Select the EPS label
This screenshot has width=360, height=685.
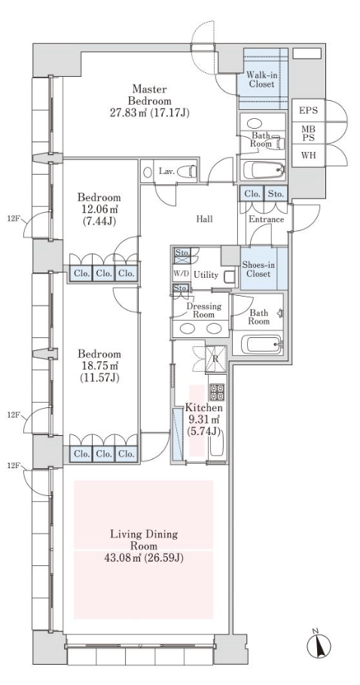click(x=309, y=110)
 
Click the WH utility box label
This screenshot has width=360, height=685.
click(x=309, y=156)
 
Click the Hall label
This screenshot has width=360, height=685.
click(x=204, y=219)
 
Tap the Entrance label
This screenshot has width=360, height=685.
click(x=266, y=219)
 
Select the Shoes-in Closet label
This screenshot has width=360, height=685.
click(x=257, y=269)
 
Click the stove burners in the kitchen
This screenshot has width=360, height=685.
click(x=217, y=392)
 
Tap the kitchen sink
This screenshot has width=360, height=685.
click(x=217, y=443)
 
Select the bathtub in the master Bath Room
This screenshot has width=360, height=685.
click(x=263, y=170)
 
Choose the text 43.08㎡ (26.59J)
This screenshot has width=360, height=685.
click(x=143, y=558)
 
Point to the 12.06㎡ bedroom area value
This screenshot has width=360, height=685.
click(x=99, y=210)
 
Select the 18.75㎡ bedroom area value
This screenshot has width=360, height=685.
click(x=99, y=366)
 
